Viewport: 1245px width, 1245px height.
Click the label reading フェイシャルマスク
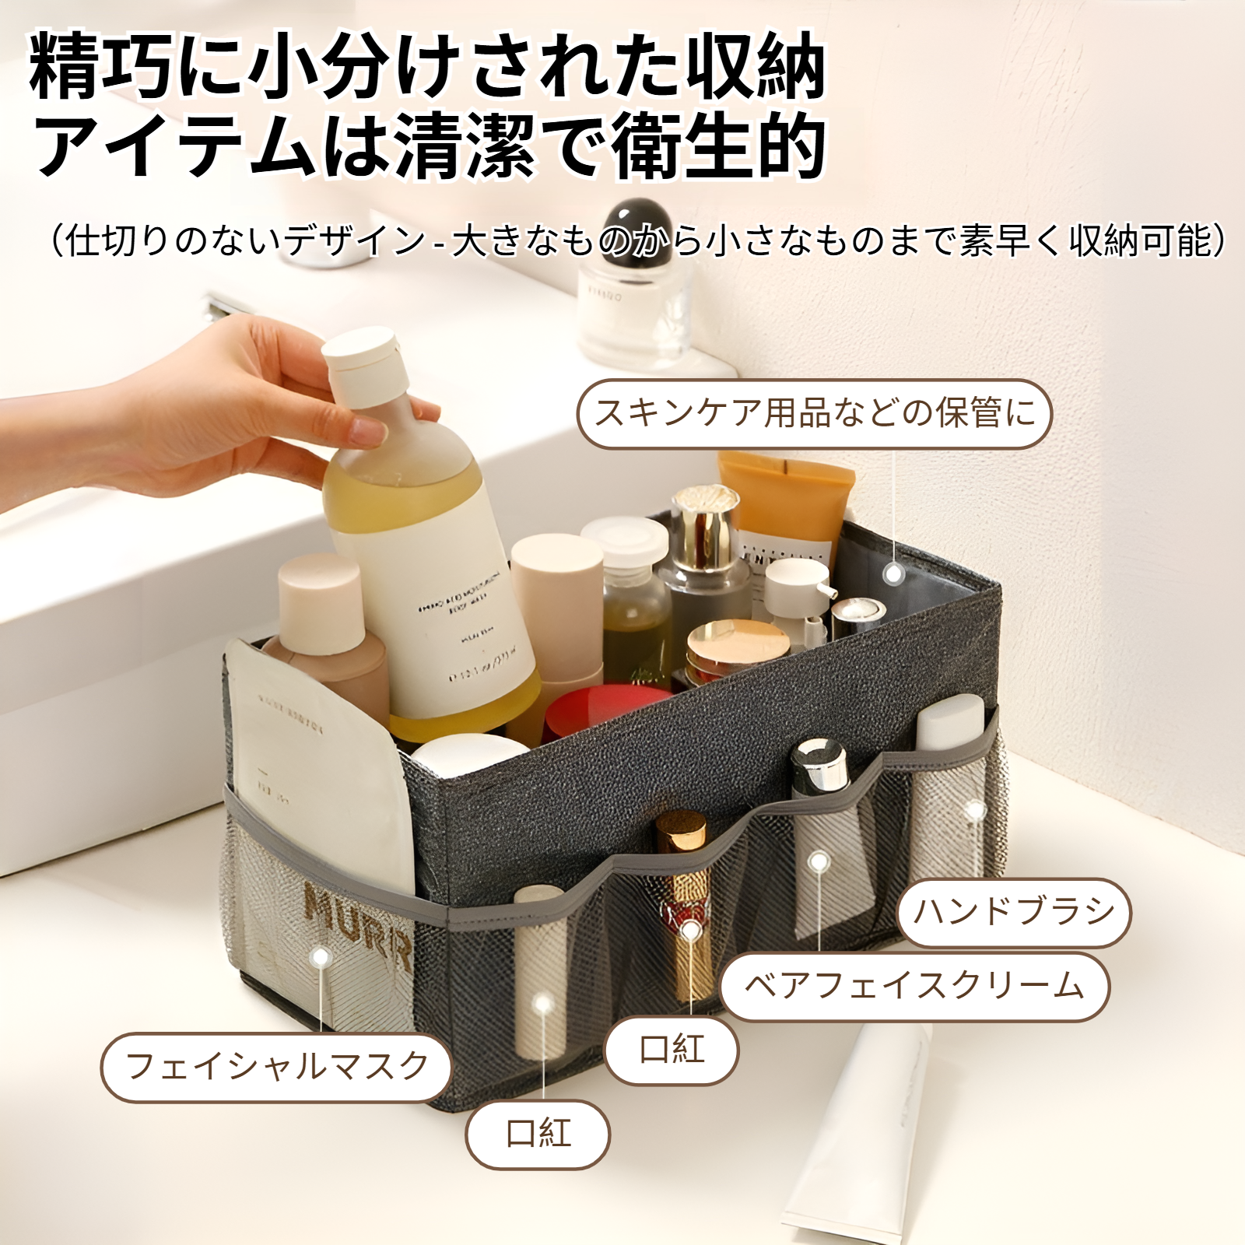click(276, 1067)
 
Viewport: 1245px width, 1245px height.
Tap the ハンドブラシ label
click(1014, 912)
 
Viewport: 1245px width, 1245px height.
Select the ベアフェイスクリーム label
click(914, 987)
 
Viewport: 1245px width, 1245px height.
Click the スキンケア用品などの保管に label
click(814, 413)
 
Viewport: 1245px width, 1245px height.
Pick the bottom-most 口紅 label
click(538, 1134)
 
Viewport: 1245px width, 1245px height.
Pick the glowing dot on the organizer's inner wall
click(894, 574)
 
